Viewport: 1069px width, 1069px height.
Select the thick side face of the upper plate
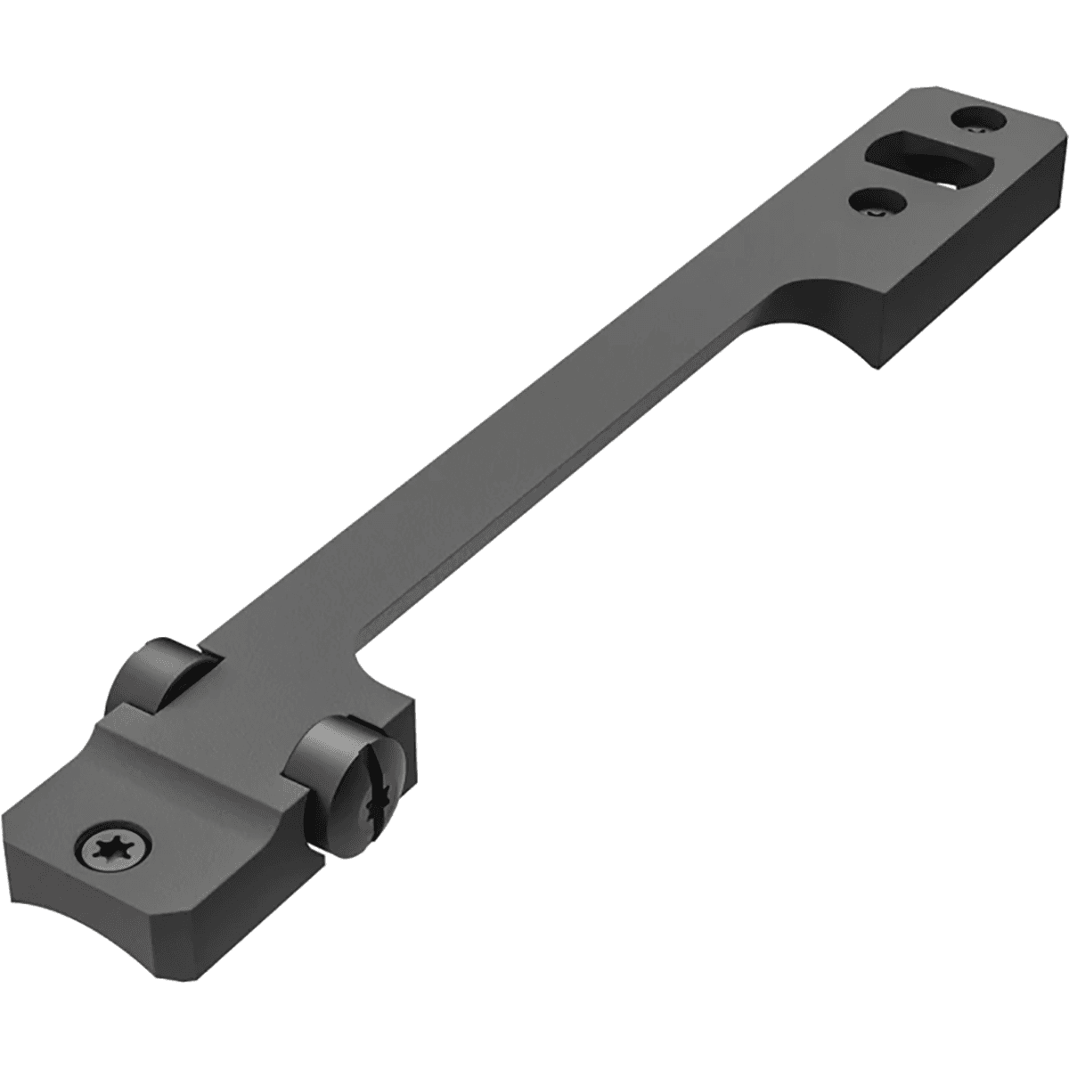[980, 267]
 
